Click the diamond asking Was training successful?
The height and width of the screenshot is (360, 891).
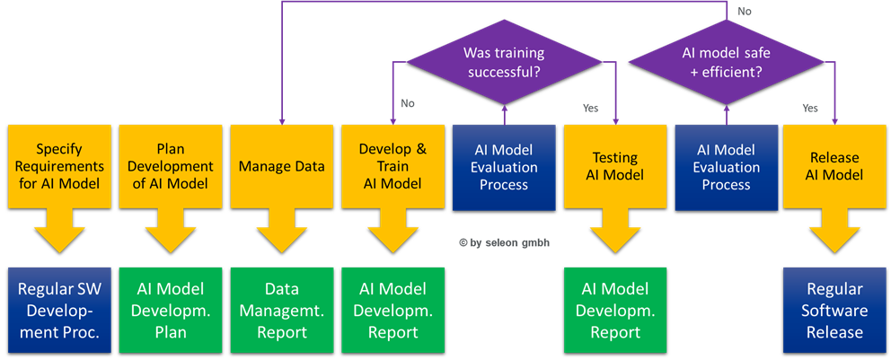coord(504,62)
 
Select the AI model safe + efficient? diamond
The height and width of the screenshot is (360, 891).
coord(727,62)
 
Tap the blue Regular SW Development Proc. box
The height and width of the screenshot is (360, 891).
coord(59,311)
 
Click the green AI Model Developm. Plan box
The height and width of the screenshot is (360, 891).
coord(171,311)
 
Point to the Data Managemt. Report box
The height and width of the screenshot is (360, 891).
coord(282,311)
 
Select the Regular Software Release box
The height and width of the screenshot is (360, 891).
coord(834,311)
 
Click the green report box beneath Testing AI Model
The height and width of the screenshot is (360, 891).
coord(615,311)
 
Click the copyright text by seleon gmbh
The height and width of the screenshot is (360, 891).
coord(505,242)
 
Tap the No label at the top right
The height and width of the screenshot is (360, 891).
coord(744,12)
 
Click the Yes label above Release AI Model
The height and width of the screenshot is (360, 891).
coord(810,108)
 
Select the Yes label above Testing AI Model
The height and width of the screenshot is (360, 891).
coord(590,108)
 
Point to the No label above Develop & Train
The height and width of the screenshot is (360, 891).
coord(408,103)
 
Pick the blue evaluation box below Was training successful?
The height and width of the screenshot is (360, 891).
coord(504,168)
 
